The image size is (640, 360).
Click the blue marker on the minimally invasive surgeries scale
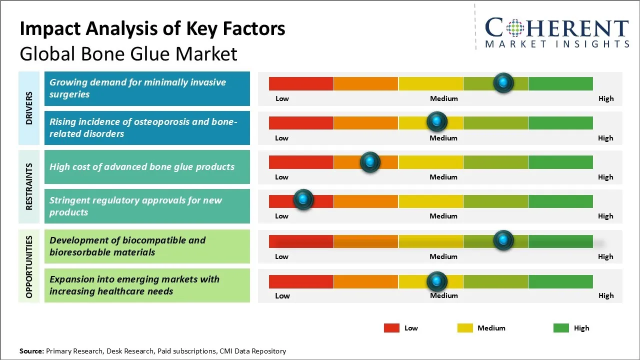pyautogui.click(x=503, y=82)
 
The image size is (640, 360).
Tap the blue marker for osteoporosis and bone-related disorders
pyautogui.click(x=437, y=121)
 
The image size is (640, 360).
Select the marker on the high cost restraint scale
pyautogui.click(x=370, y=161)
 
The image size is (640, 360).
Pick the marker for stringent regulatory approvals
pyautogui.click(x=303, y=199)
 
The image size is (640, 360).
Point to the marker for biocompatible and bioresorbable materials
pyautogui.click(x=503, y=240)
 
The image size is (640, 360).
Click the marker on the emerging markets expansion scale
pyautogui.click(x=437, y=281)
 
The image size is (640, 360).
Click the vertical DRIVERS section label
pyautogui.click(x=29, y=108)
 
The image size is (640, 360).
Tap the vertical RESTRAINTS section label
pyautogui.click(x=29, y=186)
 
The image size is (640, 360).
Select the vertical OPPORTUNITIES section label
pyautogui.click(x=29, y=267)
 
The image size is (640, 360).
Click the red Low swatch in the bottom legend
pyautogui.click(x=391, y=328)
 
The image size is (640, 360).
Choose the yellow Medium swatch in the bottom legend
pyautogui.click(x=465, y=328)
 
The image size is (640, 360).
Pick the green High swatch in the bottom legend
pyautogui.click(x=561, y=328)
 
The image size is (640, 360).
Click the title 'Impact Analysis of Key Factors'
pyautogui.click(x=152, y=29)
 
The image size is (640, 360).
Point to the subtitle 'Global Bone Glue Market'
pyautogui.click(x=128, y=53)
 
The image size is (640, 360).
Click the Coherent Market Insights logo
pyautogui.click(x=557, y=32)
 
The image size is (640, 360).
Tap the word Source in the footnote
pyautogui.click(x=31, y=351)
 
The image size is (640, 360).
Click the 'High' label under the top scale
pyautogui.click(x=606, y=98)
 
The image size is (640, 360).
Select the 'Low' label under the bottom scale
pyautogui.click(x=282, y=295)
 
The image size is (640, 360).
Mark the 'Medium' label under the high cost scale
pyautogui.click(x=443, y=177)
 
